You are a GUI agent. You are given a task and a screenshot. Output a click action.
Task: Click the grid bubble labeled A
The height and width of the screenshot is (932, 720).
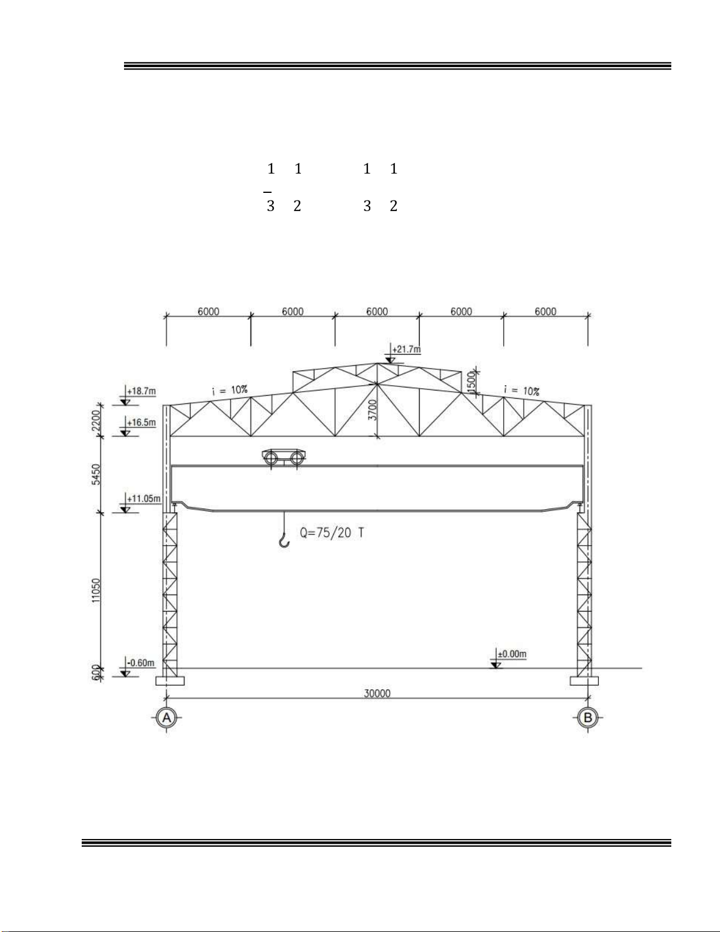(x=166, y=717)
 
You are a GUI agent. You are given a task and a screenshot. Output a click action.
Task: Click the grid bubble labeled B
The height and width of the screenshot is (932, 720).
(x=588, y=717)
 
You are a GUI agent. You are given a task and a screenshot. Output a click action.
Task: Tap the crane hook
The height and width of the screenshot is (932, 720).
(x=284, y=540)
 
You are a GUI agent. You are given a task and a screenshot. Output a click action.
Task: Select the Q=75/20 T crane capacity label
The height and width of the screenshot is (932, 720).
(x=332, y=533)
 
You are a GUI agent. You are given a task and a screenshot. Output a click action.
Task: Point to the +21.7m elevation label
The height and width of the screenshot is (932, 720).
(x=406, y=349)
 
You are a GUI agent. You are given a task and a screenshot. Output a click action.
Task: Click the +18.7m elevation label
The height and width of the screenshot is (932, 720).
(x=142, y=391)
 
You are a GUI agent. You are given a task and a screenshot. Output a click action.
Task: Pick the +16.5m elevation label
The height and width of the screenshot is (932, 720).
(x=142, y=422)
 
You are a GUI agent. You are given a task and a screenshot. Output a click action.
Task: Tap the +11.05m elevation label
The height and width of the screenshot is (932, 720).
(x=144, y=499)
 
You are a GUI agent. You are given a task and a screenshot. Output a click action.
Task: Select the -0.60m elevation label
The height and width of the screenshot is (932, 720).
(x=141, y=663)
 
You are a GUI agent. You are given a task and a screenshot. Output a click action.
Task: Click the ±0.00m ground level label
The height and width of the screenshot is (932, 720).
(x=512, y=654)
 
